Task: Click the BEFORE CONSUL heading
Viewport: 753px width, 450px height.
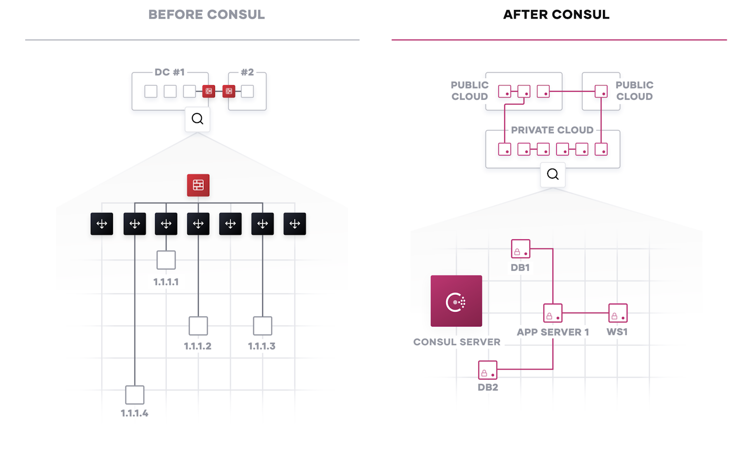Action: coord(206,15)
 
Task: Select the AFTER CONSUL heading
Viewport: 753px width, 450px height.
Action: coord(556,15)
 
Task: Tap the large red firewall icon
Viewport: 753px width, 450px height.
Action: coord(198,185)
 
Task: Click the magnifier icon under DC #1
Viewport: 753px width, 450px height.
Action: coord(197,119)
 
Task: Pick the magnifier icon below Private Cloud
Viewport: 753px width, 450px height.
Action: coord(553,174)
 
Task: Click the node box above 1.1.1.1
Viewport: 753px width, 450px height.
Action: coord(166,260)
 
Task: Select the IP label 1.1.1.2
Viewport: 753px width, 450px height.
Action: coord(198,346)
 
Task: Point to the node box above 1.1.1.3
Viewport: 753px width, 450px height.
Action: coord(263,326)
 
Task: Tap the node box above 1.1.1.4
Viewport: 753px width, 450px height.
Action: coord(135,395)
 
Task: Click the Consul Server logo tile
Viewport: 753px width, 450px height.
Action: coord(456,301)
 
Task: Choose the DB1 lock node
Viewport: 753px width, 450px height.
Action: coord(521,249)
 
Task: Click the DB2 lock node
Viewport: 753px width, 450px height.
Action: coord(487,370)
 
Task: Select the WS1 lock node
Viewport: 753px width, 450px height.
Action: coord(617,313)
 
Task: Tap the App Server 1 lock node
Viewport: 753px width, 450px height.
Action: coord(553,313)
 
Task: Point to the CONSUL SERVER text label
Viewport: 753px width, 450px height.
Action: coord(457,342)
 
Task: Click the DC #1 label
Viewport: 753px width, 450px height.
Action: coord(170,72)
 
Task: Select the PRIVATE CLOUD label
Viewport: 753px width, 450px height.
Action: coord(552,130)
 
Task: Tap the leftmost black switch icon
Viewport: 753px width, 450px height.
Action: coord(102,224)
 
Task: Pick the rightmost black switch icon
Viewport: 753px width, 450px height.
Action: coord(295,224)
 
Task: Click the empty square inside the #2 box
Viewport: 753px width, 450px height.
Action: coord(247,91)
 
